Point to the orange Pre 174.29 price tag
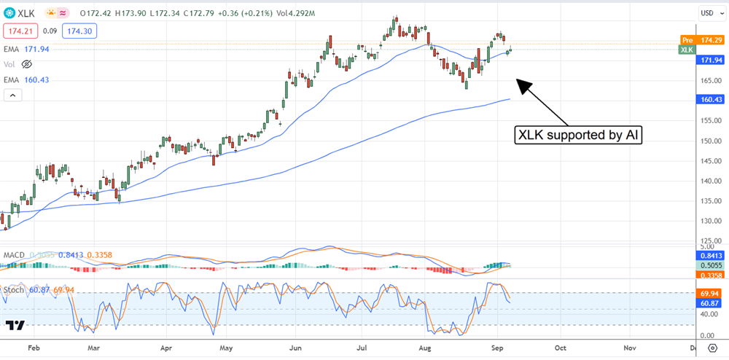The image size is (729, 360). tap(701, 39)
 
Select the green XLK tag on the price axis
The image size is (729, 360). tap(687, 50)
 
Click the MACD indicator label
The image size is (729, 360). tap(15, 254)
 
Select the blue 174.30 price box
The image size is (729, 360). tap(80, 31)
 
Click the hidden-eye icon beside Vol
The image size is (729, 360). tap(27, 64)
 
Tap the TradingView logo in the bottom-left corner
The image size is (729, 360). tap(15, 325)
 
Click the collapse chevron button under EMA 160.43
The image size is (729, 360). tap(12, 95)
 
